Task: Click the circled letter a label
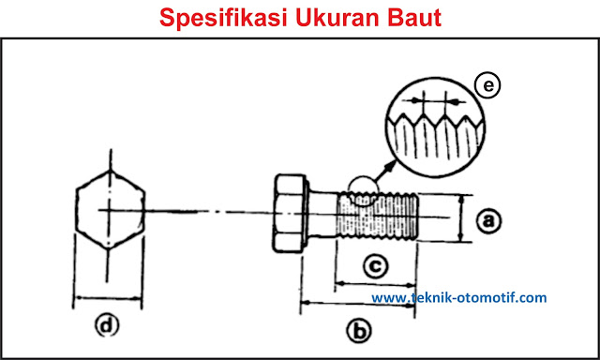(x=487, y=220)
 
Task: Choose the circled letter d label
(x=107, y=325)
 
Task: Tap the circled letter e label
(x=486, y=86)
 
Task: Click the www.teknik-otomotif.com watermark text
(x=458, y=298)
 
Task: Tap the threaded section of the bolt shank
(x=375, y=217)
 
